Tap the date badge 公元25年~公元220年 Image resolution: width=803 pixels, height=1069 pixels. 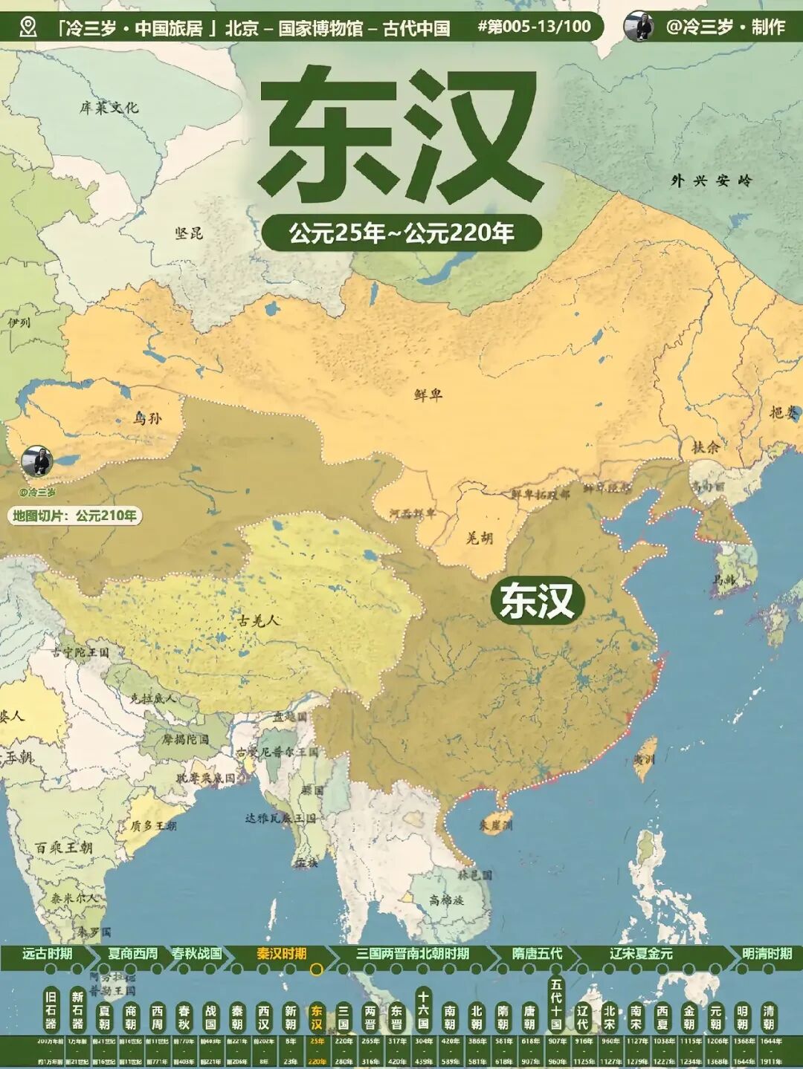(x=401, y=233)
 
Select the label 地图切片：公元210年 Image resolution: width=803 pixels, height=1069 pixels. (x=75, y=516)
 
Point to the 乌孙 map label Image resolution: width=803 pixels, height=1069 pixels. (x=146, y=418)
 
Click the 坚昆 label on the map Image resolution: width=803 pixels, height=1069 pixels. (x=189, y=233)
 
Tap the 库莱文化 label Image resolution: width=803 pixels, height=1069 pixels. (x=109, y=108)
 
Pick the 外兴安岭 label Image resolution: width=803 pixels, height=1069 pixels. (x=712, y=181)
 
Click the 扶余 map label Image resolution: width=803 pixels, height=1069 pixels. (x=706, y=446)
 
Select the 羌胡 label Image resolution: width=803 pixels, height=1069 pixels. (x=480, y=539)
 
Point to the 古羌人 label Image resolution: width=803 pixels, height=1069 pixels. (x=259, y=620)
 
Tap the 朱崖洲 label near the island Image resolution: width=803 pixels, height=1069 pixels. (x=496, y=825)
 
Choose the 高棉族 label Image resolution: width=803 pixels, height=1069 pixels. (x=446, y=900)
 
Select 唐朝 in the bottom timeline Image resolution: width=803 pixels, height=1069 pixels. (x=529, y=1017)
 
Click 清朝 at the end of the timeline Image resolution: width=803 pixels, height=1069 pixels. (x=768, y=1017)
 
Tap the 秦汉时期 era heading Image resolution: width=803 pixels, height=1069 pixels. (x=282, y=953)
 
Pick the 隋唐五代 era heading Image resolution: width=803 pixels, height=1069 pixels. (x=537, y=953)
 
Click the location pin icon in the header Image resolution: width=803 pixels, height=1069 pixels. (x=28, y=27)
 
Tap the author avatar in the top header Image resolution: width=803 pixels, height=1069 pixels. (x=639, y=27)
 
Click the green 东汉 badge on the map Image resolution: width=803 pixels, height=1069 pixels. (x=537, y=600)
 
